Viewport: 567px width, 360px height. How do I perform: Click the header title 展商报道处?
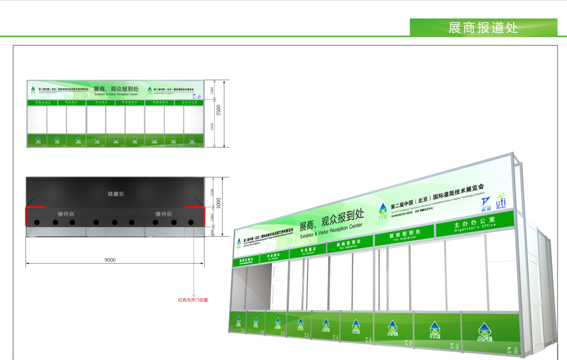483,28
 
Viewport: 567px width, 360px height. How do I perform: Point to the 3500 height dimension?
219,110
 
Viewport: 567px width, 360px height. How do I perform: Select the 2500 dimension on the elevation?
212,127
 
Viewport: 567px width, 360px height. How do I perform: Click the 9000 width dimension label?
110,260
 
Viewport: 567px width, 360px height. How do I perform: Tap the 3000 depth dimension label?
219,203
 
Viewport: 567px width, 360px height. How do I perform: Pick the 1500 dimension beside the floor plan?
212,192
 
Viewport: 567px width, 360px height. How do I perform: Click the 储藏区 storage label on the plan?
116,194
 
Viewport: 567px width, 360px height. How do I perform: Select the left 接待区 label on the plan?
66,214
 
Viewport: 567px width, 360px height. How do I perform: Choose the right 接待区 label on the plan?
163,214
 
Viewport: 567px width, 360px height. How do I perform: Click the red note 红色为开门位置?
193,300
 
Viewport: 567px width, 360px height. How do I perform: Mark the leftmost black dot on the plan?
37,222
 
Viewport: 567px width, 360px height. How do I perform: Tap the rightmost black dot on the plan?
191,222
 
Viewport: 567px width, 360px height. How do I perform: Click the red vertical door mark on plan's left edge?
26,216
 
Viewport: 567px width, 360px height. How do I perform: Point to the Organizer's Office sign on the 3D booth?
475,224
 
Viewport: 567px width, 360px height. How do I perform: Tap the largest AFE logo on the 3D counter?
484,332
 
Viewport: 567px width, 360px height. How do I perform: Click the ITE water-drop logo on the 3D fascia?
383,211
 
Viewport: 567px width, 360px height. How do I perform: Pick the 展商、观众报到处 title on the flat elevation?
116,89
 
